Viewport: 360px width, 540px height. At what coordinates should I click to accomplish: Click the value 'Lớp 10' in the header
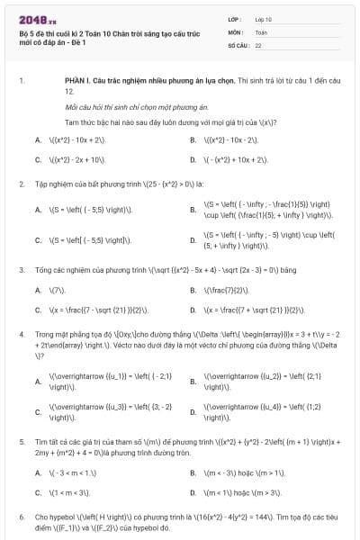[264, 19]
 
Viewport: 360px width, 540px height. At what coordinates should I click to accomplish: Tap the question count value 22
[258, 44]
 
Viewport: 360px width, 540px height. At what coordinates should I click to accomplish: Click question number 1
[21, 80]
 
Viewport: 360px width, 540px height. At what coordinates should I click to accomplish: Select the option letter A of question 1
[37, 139]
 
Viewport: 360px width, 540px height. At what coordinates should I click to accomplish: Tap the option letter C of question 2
[37, 240]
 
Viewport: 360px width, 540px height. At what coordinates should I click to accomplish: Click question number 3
[21, 269]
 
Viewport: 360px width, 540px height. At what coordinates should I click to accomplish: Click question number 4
[21, 333]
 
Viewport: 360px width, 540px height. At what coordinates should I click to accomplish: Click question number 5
[21, 443]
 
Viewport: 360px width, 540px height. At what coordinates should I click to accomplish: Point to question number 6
[21, 517]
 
